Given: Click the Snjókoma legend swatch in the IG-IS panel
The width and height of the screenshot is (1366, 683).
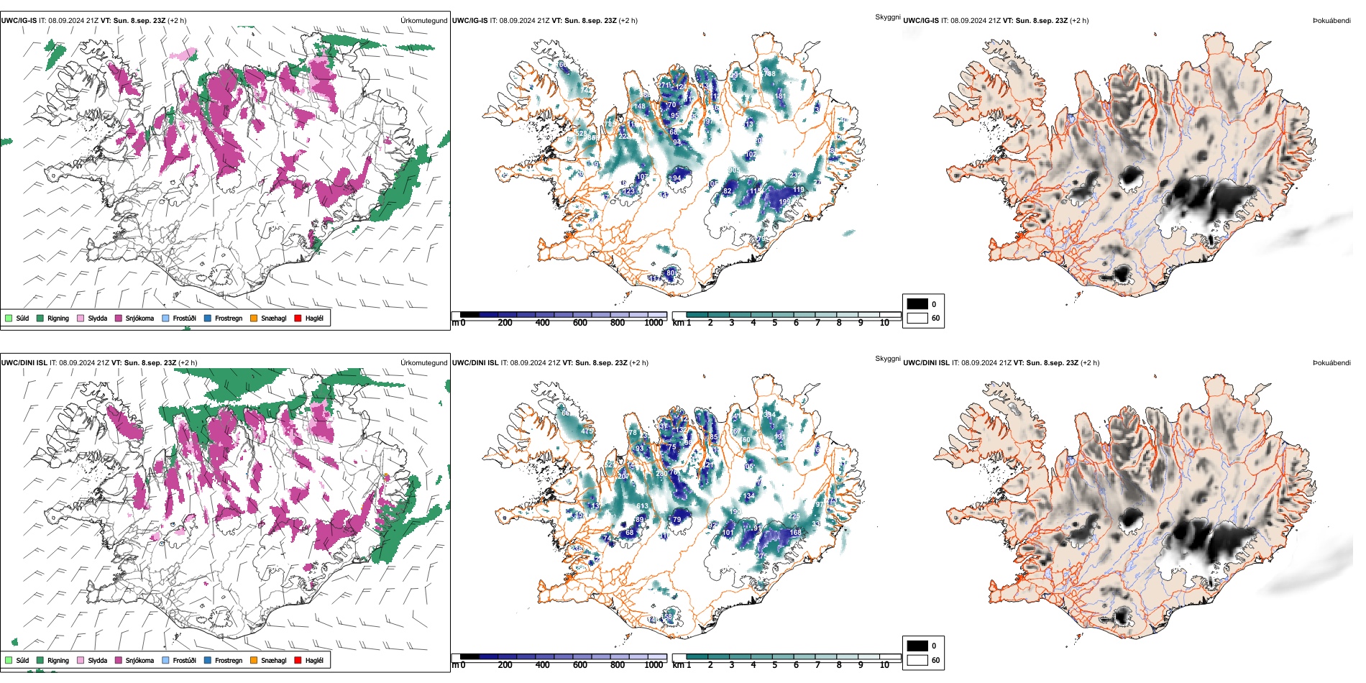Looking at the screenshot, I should tap(119, 318).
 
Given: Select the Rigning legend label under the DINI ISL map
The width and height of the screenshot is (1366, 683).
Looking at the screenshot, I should tap(58, 660).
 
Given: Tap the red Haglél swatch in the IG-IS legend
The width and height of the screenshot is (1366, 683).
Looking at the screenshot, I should tap(298, 318).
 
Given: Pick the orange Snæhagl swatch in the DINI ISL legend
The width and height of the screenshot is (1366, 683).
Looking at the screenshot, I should tap(254, 660).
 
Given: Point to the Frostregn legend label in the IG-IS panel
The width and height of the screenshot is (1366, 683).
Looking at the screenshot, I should tap(229, 318).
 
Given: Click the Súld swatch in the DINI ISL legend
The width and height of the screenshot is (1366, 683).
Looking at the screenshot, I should tap(9, 660).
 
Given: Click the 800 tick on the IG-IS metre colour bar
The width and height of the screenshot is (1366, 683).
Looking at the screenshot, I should tap(618, 323).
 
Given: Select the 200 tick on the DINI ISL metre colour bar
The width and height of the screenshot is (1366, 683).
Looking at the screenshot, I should tap(505, 665).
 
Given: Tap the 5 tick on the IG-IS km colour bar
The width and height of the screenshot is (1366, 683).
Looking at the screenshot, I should tap(774, 323).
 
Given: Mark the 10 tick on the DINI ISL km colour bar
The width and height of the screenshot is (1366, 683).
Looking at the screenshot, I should tap(884, 665).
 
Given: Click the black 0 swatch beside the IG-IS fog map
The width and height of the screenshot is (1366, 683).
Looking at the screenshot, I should tap(917, 304).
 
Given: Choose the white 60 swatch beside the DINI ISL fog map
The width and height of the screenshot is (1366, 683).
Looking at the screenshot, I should tap(917, 660).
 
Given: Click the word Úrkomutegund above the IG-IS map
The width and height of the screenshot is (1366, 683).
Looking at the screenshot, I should tap(423, 21).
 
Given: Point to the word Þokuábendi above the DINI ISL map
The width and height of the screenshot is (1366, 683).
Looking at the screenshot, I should tap(1331, 363).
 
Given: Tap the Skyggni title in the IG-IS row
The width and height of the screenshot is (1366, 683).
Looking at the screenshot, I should tap(888, 17).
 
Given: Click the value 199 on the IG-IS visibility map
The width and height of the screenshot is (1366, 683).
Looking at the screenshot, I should tap(784, 202).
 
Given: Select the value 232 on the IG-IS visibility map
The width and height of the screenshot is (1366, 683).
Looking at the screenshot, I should tap(795, 175).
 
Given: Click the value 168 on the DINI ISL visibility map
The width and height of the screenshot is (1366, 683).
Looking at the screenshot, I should tap(796, 533).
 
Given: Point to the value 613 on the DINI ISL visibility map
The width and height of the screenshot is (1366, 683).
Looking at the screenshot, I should tap(642, 507).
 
